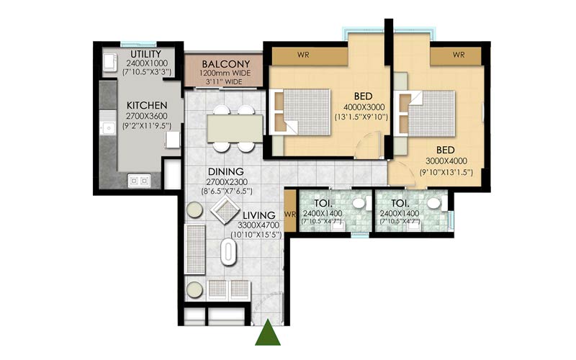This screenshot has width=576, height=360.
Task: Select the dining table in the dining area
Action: coord(235,128)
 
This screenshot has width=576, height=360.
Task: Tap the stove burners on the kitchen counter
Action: coord(138,181)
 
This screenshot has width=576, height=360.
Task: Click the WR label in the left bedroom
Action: coord(303,55)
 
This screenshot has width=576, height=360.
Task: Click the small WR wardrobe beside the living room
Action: coord(289,215)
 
